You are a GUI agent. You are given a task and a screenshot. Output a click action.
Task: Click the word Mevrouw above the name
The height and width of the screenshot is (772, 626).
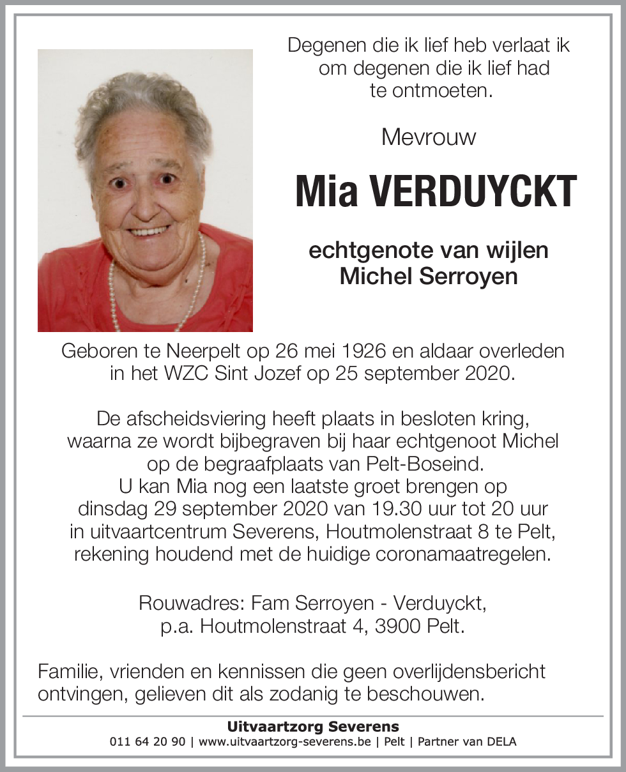pos(428,137)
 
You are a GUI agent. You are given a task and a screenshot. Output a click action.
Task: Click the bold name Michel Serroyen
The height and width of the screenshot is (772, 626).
pos(429,276)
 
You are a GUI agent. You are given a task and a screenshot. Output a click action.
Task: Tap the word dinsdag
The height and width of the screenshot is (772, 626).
pos(113,510)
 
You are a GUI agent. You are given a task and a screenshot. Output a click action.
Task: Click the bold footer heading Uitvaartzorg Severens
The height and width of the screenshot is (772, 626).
pos(313,727)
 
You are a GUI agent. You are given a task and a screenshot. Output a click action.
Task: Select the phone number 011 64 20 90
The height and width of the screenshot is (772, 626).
pos(148,742)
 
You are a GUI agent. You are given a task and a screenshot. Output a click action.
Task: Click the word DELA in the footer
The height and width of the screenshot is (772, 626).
pos(501,742)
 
